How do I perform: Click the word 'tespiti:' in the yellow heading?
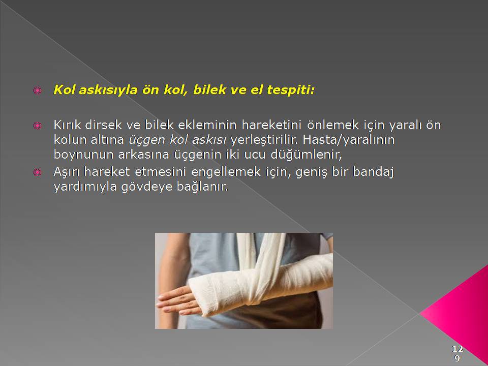click(291, 90)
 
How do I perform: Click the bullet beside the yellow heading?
click(37, 90)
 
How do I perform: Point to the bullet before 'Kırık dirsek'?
click(37, 126)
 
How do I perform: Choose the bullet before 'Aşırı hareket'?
click(37, 172)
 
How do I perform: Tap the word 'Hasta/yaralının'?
click(349, 140)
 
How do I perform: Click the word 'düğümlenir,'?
click(306, 155)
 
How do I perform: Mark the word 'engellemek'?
click(226, 172)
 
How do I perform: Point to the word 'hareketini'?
click(271, 125)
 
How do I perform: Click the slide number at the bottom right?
click(457, 353)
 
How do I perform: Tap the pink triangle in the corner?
click(461, 314)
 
